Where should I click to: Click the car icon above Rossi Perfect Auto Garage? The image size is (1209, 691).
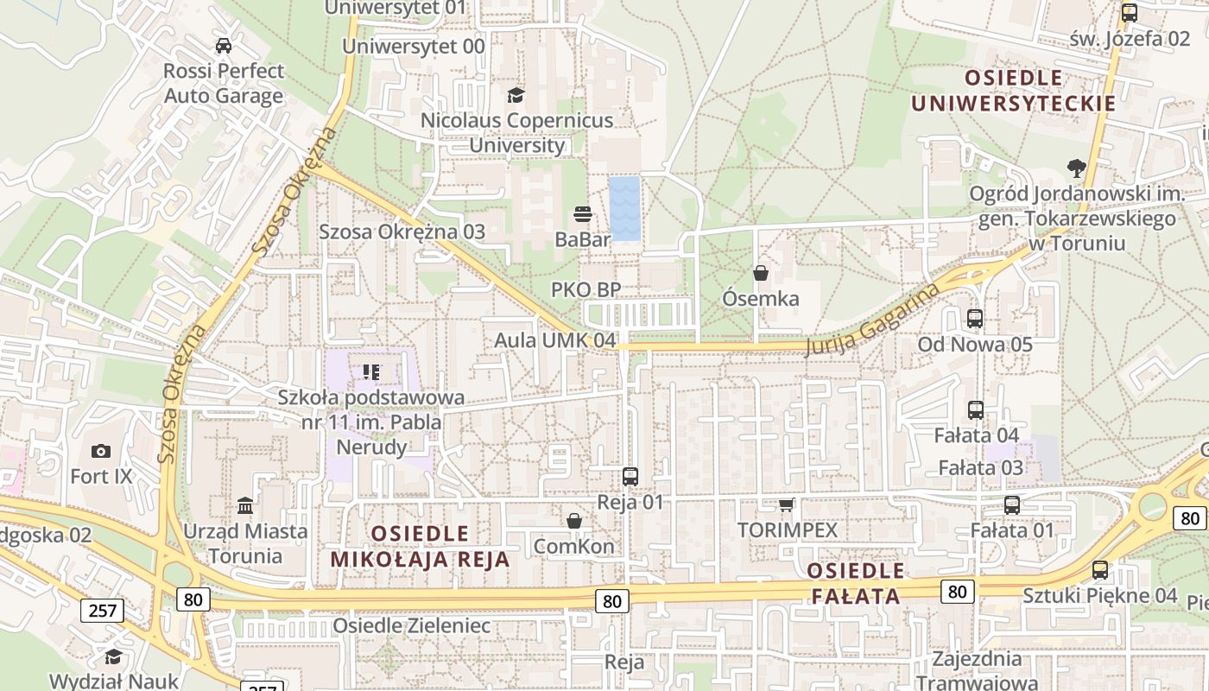[223, 46]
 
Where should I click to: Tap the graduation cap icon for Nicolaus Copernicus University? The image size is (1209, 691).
[516, 95]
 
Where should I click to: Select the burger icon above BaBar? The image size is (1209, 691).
[583, 214]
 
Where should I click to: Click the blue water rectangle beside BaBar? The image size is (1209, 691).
[624, 208]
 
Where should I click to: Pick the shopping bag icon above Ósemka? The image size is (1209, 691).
[761, 273]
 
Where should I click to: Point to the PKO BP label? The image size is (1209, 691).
[586, 289]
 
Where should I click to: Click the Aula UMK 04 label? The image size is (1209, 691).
[554, 340]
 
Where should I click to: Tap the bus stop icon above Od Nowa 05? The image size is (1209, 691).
[975, 319]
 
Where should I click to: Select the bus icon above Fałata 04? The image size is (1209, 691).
[976, 410]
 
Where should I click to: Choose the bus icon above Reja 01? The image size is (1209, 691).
[630, 476]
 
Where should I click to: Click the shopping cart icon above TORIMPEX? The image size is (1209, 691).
[786, 504]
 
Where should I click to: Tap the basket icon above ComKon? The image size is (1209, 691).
[574, 521]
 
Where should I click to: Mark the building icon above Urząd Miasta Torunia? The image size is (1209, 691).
[245, 504]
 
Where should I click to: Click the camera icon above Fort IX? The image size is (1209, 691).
[101, 451]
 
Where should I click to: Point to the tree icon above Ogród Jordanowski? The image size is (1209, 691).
[1076, 168]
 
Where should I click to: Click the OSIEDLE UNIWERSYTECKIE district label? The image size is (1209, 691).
[1014, 91]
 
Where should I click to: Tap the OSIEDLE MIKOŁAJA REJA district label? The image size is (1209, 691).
[421, 546]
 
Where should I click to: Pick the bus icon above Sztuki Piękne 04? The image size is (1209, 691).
[1100, 570]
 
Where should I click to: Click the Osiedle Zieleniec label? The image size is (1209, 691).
[411, 625]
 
